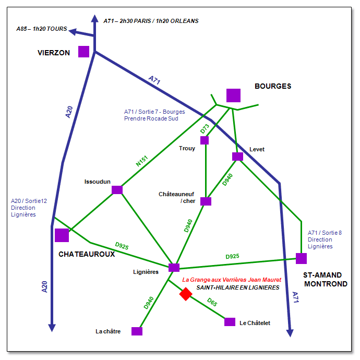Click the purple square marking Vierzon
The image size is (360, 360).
(x=83, y=51)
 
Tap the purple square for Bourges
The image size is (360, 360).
(x=233, y=95)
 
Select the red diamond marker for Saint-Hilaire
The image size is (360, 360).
(x=186, y=294)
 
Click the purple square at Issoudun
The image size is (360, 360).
(x=117, y=189)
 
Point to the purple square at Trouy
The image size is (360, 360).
(x=205, y=140)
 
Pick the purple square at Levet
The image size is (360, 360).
(x=237, y=157)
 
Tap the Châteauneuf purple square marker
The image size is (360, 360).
(x=206, y=201)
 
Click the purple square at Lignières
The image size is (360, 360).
(x=174, y=268)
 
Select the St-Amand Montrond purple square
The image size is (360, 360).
(x=301, y=258)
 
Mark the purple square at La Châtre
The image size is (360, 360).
(x=137, y=331)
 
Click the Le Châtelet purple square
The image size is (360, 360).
(x=230, y=322)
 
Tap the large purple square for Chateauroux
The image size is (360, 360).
(x=62, y=235)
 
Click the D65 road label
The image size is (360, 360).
(x=212, y=302)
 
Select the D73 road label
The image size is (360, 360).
(x=205, y=128)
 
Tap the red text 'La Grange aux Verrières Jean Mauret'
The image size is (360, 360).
(x=232, y=280)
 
